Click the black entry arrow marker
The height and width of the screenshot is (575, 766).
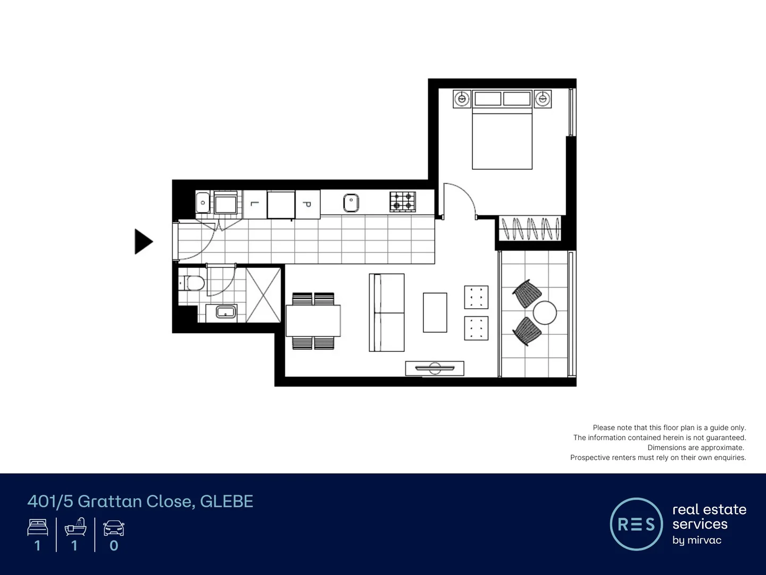143,242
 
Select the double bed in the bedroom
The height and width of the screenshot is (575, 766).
502,136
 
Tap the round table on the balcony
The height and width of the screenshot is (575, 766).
545,313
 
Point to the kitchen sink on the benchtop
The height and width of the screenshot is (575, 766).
351,203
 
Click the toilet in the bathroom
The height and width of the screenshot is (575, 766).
192,283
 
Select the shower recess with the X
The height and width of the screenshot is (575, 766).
263,295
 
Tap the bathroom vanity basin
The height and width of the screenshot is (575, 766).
226,312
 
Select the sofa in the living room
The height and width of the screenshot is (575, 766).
387,313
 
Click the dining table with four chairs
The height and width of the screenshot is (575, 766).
313,321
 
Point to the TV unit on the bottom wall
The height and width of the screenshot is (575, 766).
435,368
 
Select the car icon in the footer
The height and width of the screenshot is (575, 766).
113,528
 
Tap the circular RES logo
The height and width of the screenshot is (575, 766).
636,524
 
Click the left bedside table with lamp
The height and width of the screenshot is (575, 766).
462,99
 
